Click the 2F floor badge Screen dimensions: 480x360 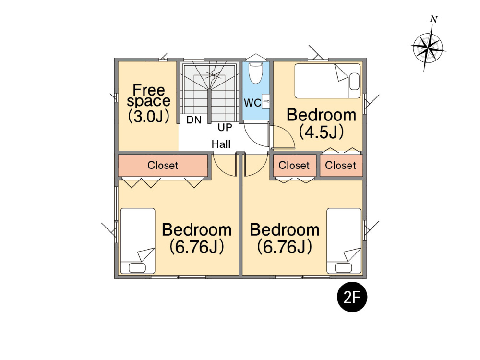[352, 297]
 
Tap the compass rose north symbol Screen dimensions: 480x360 [428, 48]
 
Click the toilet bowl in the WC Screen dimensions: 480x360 [256, 73]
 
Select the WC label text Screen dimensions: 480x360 [252, 103]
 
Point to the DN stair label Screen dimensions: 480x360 [194, 120]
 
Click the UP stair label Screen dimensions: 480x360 [225, 127]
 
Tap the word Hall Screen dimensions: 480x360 [221, 144]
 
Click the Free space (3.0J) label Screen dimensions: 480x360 [149, 104]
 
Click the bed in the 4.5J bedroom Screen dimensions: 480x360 [327, 81]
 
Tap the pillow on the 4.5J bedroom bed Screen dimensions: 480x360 [354, 82]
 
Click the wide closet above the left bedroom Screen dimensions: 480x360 [163, 165]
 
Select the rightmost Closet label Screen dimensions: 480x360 [340, 165]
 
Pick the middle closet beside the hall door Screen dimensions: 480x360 [294, 165]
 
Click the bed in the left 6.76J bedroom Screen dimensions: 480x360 [138, 241]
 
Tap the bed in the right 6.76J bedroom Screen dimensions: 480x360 [344, 241]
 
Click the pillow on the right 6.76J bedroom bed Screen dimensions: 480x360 [344, 268]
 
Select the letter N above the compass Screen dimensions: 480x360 [434, 19]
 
